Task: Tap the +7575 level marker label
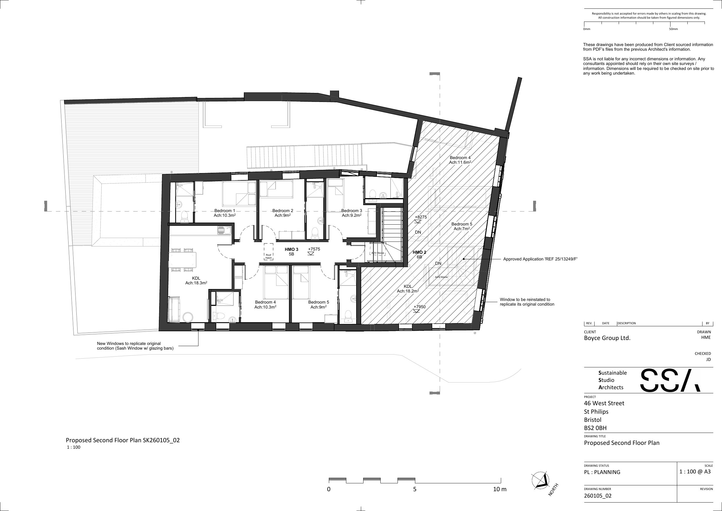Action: click(x=314, y=249)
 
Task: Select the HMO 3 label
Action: click(x=292, y=249)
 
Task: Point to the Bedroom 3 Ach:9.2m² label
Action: click(x=352, y=213)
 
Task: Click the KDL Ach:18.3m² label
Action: click(x=196, y=281)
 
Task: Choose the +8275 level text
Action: click(x=421, y=217)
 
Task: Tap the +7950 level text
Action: click(x=419, y=307)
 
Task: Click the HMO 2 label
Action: click(x=419, y=252)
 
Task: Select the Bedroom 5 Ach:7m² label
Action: click(x=462, y=226)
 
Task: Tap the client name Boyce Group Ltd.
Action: click(x=607, y=338)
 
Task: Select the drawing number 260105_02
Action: click(x=598, y=496)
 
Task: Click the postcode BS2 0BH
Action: click(x=595, y=428)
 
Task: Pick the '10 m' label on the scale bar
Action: click(x=500, y=489)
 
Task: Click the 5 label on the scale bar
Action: click(x=415, y=489)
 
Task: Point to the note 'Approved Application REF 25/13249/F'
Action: click(x=540, y=259)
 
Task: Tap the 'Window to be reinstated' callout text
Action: click(x=527, y=302)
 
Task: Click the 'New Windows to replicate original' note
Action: click(x=135, y=346)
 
